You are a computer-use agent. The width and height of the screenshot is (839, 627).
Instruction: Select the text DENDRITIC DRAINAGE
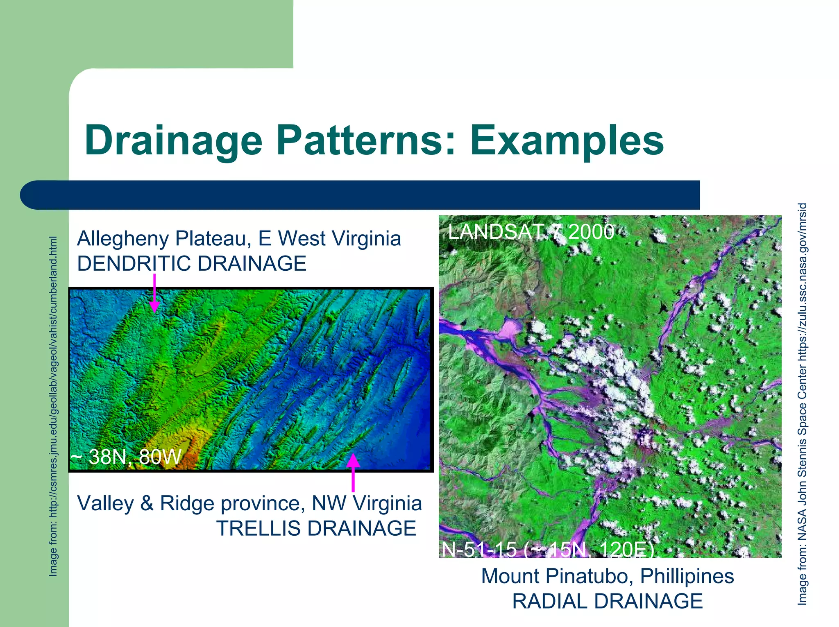[192, 263]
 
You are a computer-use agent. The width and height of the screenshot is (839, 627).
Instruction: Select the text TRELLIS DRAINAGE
[316, 528]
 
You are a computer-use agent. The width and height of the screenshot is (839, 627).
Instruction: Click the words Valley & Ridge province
[191, 503]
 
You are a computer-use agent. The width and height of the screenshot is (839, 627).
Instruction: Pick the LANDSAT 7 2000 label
[531, 232]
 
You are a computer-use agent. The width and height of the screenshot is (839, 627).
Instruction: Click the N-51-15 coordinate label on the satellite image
[547, 550]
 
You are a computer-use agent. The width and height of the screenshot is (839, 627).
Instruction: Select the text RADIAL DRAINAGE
[608, 601]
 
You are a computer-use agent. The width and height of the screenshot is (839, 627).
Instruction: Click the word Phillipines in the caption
[687, 576]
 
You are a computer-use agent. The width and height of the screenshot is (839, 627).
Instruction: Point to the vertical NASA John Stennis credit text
[802, 403]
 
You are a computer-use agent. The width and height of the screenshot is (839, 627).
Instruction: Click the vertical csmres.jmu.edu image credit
[53, 405]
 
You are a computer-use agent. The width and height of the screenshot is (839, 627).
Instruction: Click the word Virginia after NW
[387, 503]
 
